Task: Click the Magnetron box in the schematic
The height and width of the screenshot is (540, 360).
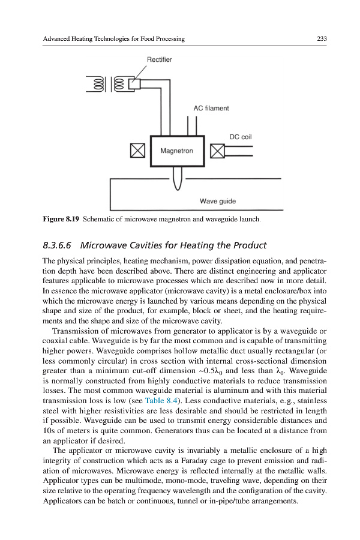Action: [177, 151]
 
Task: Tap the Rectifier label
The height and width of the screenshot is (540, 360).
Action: [159, 59]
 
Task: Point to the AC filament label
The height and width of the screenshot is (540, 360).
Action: [211, 108]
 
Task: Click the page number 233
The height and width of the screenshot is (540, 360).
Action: [321, 39]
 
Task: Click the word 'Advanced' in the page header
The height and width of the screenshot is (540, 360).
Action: [58, 39]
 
